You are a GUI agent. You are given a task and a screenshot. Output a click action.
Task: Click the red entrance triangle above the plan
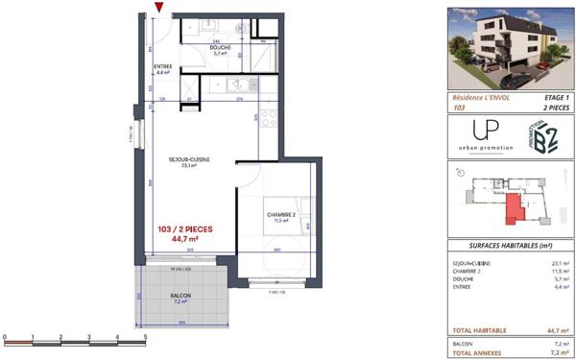(159, 11)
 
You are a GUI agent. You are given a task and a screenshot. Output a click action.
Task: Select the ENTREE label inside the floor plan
(162, 67)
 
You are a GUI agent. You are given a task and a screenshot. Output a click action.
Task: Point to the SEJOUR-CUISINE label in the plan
(190, 160)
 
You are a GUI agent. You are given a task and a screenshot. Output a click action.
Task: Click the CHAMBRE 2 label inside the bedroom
(280, 215)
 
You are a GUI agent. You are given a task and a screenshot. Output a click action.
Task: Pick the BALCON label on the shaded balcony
(180, 296)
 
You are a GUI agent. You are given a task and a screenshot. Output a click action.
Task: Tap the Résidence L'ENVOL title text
(481, 98)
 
